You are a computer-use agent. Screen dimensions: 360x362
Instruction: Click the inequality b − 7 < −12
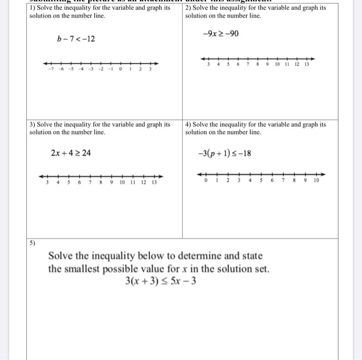click(76, 39)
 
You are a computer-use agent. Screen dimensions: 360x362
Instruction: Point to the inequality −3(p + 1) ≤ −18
click(225, 153)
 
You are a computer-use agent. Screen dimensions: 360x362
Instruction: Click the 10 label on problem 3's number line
click(122, 183)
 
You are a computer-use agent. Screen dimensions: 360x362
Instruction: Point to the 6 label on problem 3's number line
click(79, 183)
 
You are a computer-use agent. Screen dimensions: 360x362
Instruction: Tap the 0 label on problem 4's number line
click(205, 181)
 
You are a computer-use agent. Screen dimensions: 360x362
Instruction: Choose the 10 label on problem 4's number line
click(316, 181)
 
